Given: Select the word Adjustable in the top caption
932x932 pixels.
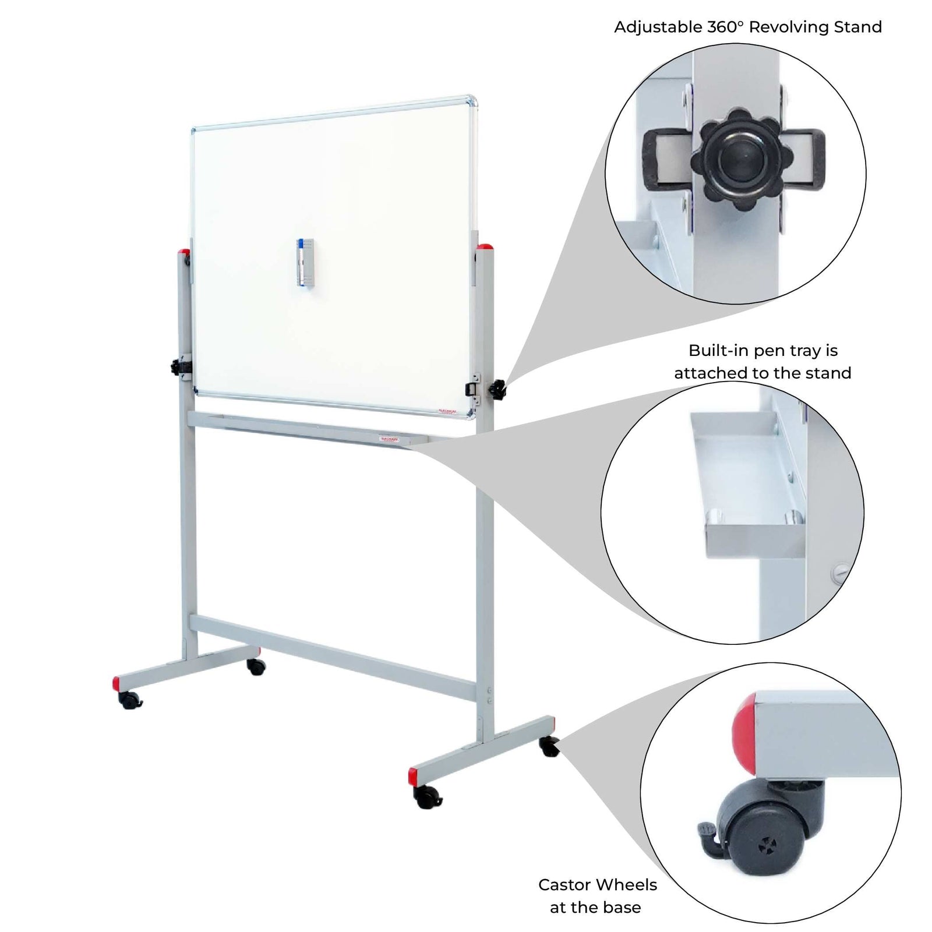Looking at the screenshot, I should pyautogui.click(x=658, y=27).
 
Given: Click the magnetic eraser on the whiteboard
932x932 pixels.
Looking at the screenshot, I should pyautogui.click(x=304, y=262).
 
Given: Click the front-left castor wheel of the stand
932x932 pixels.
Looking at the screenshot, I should pyautogui.click(x=130, y=701).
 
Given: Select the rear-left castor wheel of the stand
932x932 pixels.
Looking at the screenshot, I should pyautogui.click(x=255, y=666).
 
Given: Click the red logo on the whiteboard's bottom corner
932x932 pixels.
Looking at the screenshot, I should pyautogui.click(x=449, y=411).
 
